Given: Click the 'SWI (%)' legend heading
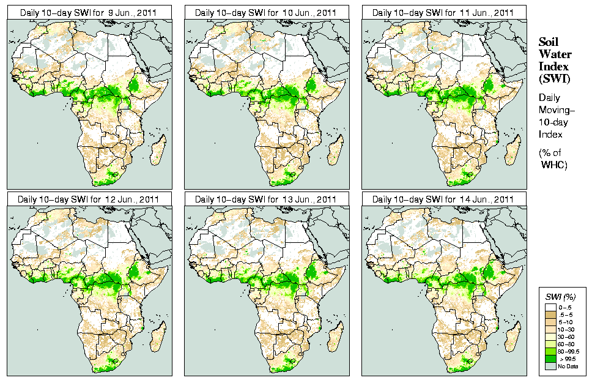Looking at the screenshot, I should click(x=559, y=296).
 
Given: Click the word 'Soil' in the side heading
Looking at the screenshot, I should click(x=549, y=42).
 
